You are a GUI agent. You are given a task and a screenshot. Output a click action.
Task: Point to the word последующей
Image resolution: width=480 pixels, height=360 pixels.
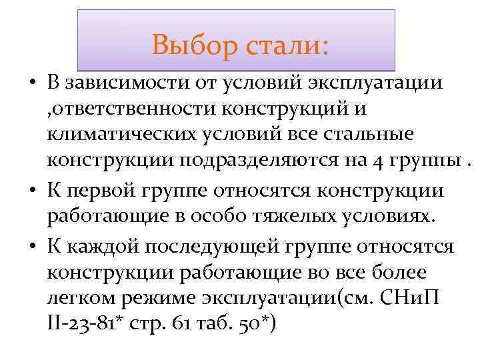coord(209,247)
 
